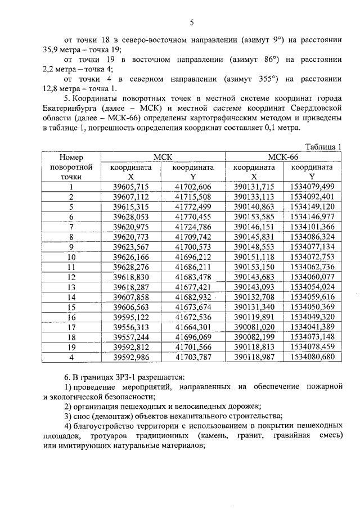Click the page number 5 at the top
click(191, 22)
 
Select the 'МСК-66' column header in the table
click(284, 157)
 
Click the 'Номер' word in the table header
click(71, 157)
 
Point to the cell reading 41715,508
click(193, 197)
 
